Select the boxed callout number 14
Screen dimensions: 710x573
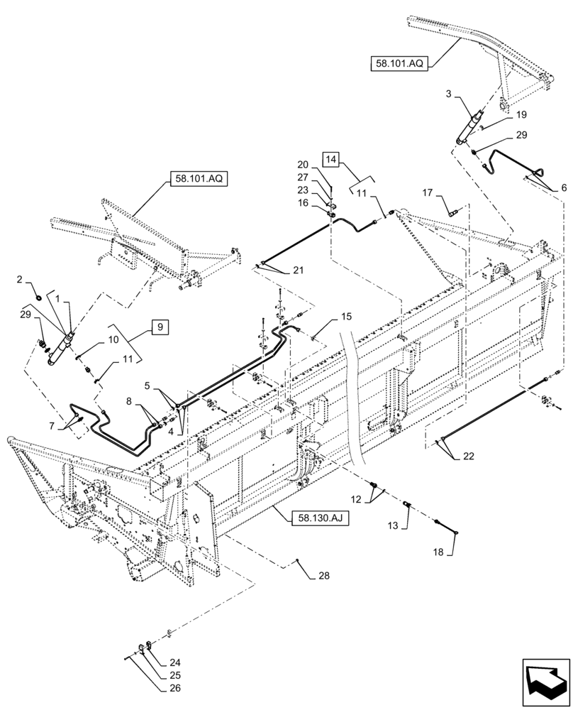pos(332,158)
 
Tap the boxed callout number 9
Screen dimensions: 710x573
pos(160,327)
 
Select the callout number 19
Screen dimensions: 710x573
pos(521,114)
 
